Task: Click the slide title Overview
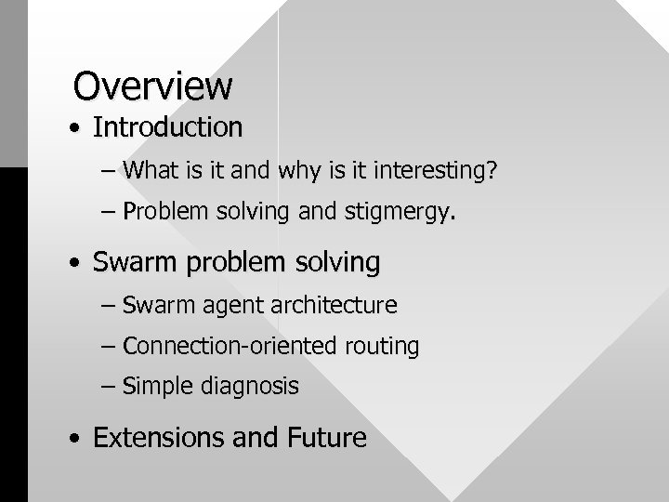pos(153,86)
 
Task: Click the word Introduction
pos(167,126)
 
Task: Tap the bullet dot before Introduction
pos(73,128)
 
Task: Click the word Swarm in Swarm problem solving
pos(138,263)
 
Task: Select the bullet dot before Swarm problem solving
pos(73,265)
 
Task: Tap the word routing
pos(382,348)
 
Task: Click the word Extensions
pos(159,437)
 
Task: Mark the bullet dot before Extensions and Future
pos(73,439)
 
